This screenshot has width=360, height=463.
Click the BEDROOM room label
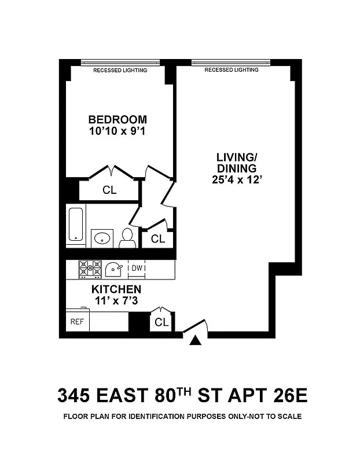[117, 119]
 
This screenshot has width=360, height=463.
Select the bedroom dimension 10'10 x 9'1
[117, 131]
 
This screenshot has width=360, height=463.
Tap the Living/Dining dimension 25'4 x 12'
[236, 179]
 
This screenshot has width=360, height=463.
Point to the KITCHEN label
[116, 289]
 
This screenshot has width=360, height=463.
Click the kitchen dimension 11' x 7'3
[116, 300]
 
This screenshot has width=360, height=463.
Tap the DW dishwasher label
[137, 268]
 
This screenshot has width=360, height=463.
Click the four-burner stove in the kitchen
[90, 269]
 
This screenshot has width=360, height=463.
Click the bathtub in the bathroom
[75, 224]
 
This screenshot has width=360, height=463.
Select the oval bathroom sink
[103, 237]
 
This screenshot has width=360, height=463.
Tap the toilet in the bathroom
[127, 238]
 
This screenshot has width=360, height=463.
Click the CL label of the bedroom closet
[109, 190]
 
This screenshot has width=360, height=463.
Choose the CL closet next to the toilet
[158, 238]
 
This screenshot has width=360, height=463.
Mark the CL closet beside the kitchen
[161, 322]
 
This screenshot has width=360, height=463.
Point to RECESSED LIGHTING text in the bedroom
[120, 70]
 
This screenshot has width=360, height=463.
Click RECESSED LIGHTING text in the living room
[232, 70]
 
